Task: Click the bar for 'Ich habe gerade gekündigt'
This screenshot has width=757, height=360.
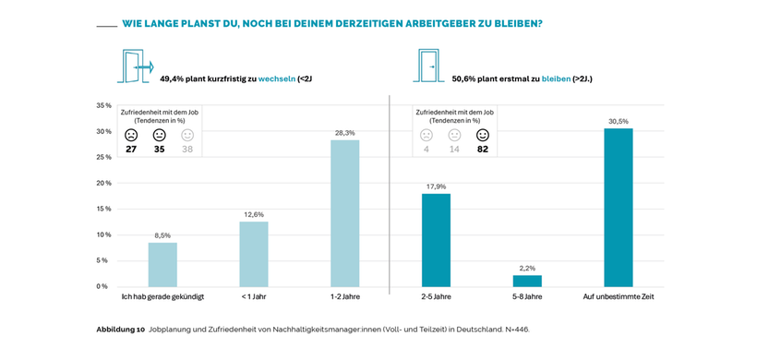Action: pyautogui.click(x=162, y=264)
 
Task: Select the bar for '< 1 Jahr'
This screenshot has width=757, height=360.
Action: pyautogui.click(x=254, y=254)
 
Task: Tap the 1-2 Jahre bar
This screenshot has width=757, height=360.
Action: pyautogui.click(x=344, y=213)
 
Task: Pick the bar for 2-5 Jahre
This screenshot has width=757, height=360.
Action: pyautogui.click(x=436, y=240)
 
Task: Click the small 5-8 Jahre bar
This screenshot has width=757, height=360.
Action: pyautogui.click(x=527, y=281)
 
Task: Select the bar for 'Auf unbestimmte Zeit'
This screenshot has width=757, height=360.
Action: pyautogui.click(x=618, y=208)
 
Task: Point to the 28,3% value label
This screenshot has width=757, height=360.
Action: pyautogui.click(x=344, y=133)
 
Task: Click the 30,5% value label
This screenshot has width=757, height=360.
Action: pyautogui.click(x=618, y=121)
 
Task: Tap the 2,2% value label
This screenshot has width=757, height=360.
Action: pyautogui.click(x=527, y=268)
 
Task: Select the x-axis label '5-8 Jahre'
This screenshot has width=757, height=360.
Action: pyautogui.click(x=527, y=296)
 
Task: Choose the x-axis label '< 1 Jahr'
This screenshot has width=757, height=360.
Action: pyautogui.click(x=254, y=296)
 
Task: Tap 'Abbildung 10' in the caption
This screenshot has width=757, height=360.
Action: pyautogui.click(x=121, y=329)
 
